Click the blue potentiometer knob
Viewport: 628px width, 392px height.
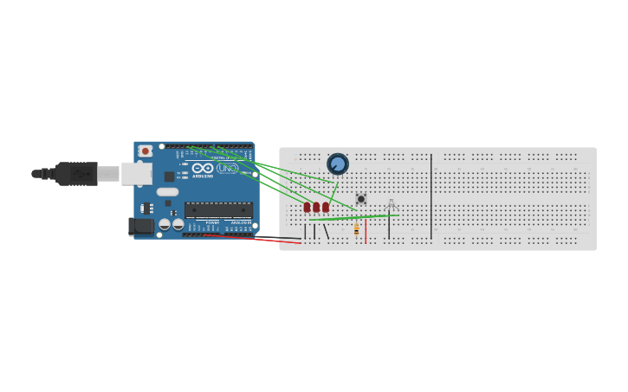click(x=338, y=164)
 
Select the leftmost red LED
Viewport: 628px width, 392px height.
click(x=307, y=207)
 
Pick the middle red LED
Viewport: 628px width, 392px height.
click(x=316, y=207)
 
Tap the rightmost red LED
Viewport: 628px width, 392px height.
click(x=326, y=207)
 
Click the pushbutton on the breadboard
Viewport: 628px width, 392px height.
click(x=361, y=199)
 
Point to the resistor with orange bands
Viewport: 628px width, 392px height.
click(x=356, y=229)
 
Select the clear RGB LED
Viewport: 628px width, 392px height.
click(x=391, y=204)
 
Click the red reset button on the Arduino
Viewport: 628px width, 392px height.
click(x=146, y=151)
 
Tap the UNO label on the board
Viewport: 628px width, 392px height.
click(x=227, y=168)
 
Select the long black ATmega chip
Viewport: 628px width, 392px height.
click(x=218, y=209)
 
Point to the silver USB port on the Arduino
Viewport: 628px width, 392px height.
click(x=136, y=173)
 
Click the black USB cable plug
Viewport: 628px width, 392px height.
click(x=76, y=173)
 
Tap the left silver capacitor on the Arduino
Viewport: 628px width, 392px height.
click(x=165, y=225)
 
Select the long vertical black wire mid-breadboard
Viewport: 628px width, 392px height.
click(x=431, y=196)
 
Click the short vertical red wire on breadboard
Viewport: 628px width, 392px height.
click(x=366, y=230)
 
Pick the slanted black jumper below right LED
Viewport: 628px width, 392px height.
click(x=326, y=231)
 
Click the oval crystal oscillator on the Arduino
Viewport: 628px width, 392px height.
click(x=167, y=192)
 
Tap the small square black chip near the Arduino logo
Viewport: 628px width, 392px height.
click(x=169, y=177)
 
